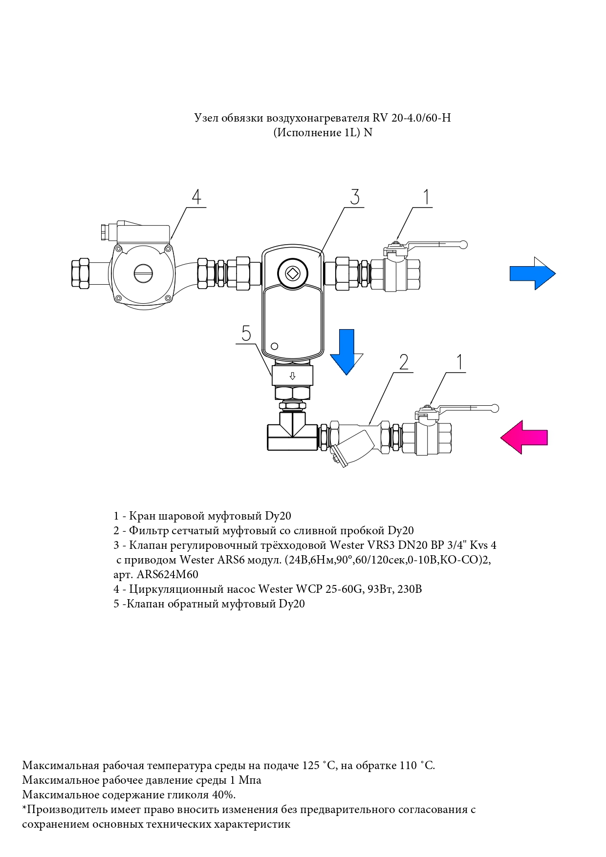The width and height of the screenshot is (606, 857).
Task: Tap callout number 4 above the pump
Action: point(196,197)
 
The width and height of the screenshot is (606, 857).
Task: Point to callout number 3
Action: point(355,197)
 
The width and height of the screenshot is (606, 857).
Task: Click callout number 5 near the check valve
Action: point(246,334)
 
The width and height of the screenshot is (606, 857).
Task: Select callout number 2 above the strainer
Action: point(404,362)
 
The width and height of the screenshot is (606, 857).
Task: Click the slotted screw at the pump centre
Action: point(143,273)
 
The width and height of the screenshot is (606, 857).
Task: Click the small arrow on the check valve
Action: point(292,376)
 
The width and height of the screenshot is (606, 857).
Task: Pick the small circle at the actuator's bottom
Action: point(274,346)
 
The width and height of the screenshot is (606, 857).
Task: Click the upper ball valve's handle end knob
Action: point(464,244)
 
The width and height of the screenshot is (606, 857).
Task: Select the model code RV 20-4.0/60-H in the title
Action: point(411,118)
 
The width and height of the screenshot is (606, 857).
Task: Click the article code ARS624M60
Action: point(167,575)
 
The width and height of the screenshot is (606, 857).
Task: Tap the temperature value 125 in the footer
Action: point(310,765)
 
